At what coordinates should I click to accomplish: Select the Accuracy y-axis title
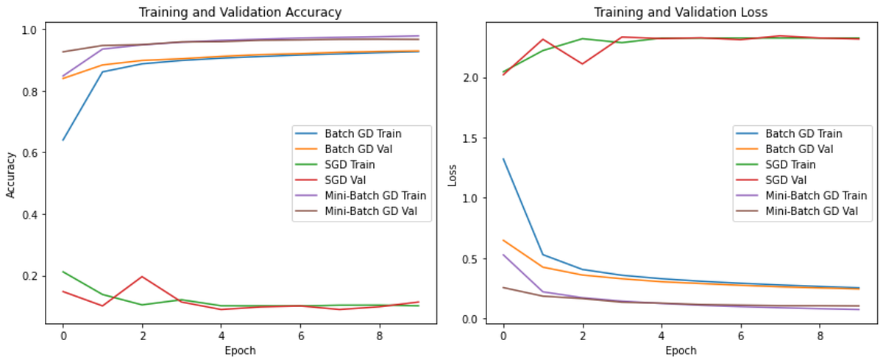click(10, 175)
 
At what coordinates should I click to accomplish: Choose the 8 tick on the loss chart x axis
click(820, 336)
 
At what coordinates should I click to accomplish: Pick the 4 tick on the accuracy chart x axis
click(221, 336)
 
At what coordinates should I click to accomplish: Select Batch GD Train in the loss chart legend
click(804, 134)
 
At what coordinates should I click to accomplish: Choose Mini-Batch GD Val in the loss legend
click(812, 211)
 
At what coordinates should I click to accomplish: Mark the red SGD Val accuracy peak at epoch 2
click(142, 277)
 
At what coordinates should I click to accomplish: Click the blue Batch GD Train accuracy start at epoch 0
click(63, 140)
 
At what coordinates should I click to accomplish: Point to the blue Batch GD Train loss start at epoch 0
click(503, 159)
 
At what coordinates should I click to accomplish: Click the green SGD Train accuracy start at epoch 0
click(63, 272)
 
